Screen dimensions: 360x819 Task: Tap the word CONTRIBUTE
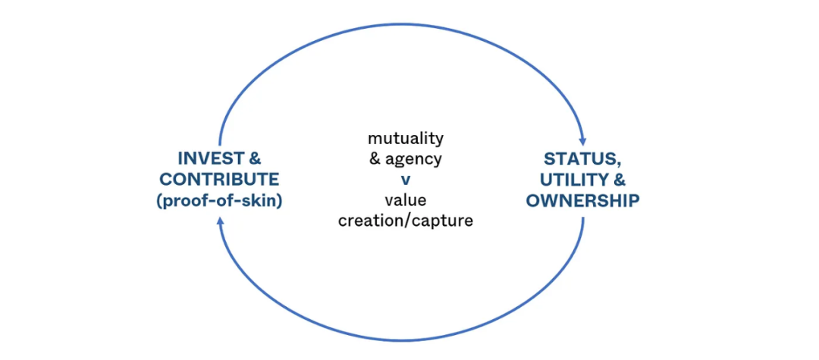(x=220, y=180)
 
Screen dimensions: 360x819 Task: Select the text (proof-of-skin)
(x=220, y=201)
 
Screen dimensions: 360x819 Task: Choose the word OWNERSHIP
(x=582, y=201)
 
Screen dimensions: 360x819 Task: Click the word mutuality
(x=406, y=139)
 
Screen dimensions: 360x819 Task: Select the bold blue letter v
(x=406, y=180)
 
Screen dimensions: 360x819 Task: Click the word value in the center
(x=406, y=201)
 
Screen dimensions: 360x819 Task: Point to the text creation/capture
(x=406, y=221)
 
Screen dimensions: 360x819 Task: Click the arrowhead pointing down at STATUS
(x=583, y=141)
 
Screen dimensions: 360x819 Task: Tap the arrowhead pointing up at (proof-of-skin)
(x=220, y=219)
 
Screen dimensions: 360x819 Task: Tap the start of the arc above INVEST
(x=220, y=144)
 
